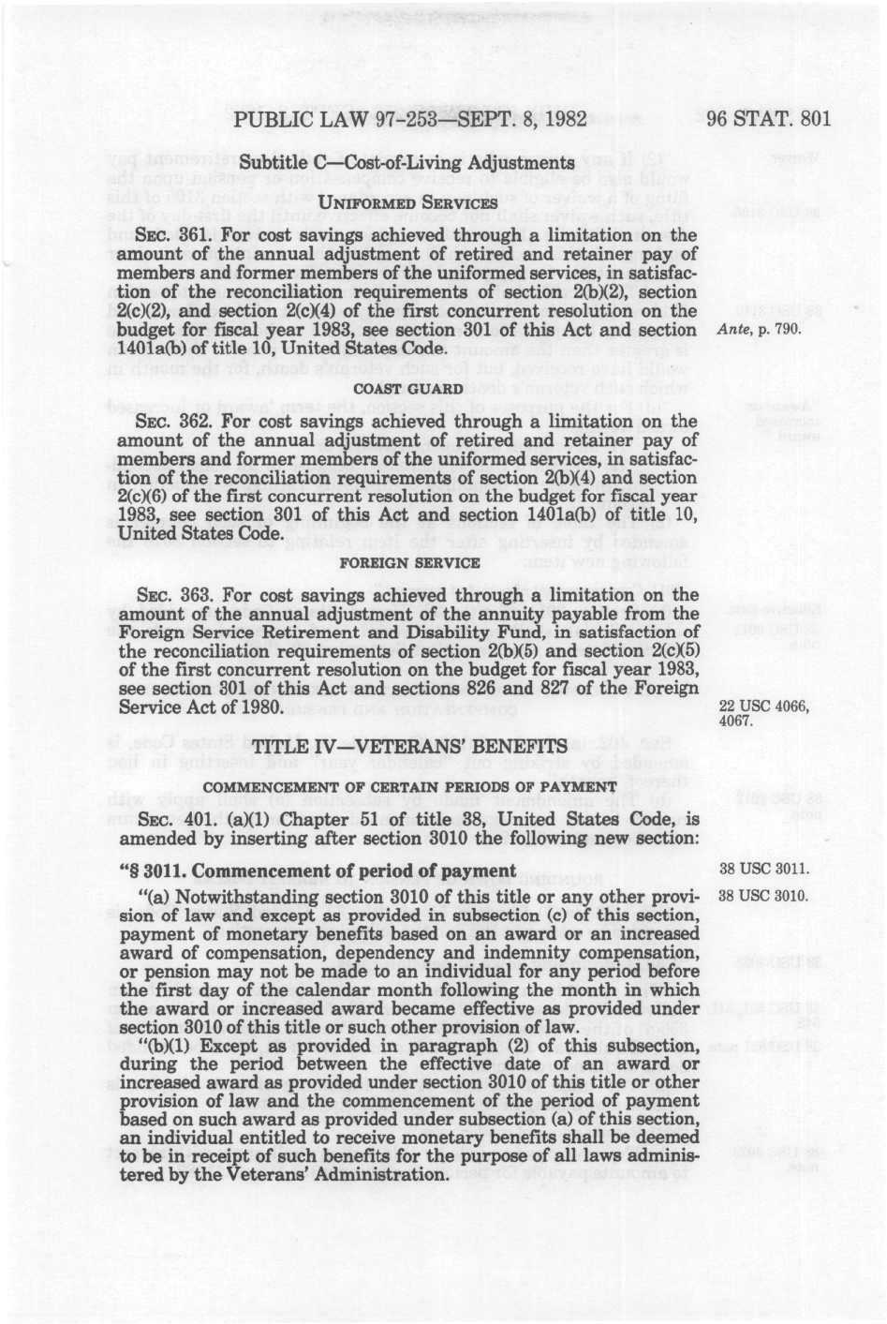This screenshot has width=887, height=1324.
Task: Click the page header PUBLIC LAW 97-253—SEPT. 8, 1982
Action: (410, 119)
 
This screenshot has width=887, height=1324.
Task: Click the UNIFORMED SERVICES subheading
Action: (407, 202)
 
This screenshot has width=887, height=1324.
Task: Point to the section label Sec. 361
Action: (164, 235)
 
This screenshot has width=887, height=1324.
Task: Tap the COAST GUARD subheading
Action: (407, 389)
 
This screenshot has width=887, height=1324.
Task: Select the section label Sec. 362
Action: (164, 422)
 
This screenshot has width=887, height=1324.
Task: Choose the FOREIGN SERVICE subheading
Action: (408, 563)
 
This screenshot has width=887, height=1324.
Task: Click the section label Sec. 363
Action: (164, 596)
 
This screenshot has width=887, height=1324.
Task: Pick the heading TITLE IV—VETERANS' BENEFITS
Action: (410, 747)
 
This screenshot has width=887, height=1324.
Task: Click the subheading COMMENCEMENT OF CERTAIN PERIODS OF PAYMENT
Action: (409, 786)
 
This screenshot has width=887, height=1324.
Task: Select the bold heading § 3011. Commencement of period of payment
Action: (318, 871)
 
